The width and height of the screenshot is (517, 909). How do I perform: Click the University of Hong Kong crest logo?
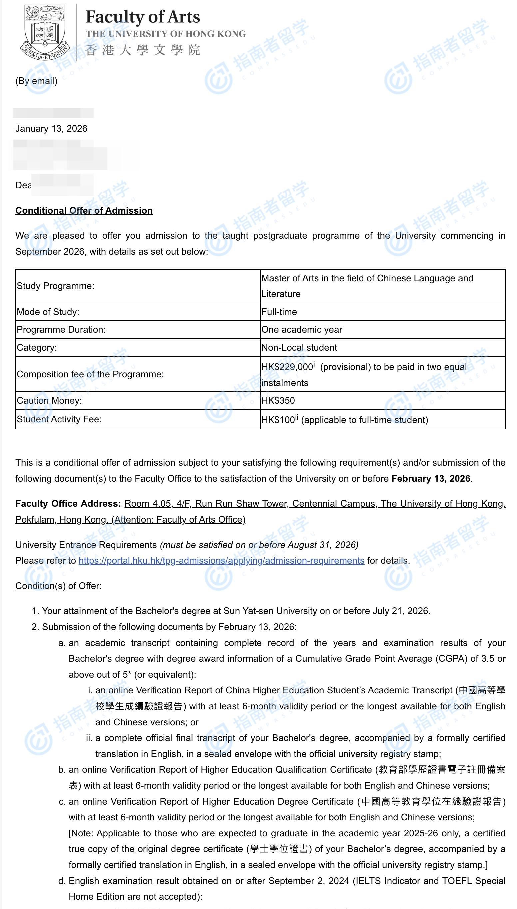pos(45,32)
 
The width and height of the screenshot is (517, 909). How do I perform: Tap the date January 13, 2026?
pos(51,129)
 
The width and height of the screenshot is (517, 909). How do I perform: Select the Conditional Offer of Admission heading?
pos(84,211)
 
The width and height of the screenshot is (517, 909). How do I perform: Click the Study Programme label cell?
pos(55,286)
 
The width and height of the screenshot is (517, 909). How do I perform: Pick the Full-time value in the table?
pos(279,312)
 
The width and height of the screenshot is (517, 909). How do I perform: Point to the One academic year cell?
pos(302,330)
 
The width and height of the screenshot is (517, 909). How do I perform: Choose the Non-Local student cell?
pos(299,347)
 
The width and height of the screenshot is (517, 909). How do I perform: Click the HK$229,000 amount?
pos(287,367)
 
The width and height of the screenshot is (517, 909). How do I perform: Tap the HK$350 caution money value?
pos(278,401)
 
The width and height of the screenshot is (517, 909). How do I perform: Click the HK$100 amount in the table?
pos(278,420)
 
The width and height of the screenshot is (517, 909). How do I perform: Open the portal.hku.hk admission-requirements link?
pos(221,561)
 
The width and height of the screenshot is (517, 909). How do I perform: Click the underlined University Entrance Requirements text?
pos(86,545)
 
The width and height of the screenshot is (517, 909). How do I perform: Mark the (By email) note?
pos(36,81)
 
